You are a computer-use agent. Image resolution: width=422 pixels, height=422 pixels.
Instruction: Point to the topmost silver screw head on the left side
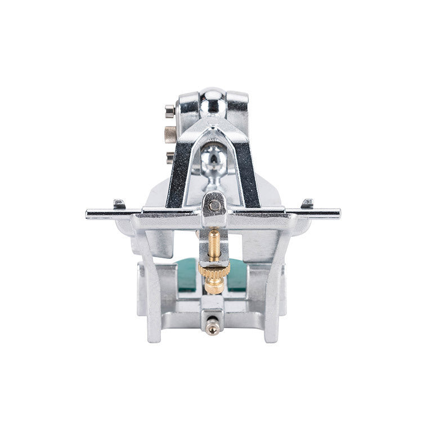coord(169,109)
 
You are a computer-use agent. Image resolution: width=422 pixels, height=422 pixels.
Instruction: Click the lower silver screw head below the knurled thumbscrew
coord(170,156)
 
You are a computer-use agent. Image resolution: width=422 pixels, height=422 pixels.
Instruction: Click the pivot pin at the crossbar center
coord(214,205)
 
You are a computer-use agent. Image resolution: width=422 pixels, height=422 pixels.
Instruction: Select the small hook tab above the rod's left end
coord(119,203)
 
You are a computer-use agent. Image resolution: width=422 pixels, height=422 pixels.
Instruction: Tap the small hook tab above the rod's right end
coord(307,203)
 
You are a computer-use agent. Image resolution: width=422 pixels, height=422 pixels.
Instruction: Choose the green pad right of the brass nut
coord(237,273)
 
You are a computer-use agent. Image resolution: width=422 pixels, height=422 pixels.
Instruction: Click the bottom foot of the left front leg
coord(155,336)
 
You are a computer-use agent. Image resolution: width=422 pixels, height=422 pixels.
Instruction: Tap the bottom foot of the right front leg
coord(271,336)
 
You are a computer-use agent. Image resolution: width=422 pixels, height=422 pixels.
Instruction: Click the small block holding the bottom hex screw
coord(212,307)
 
